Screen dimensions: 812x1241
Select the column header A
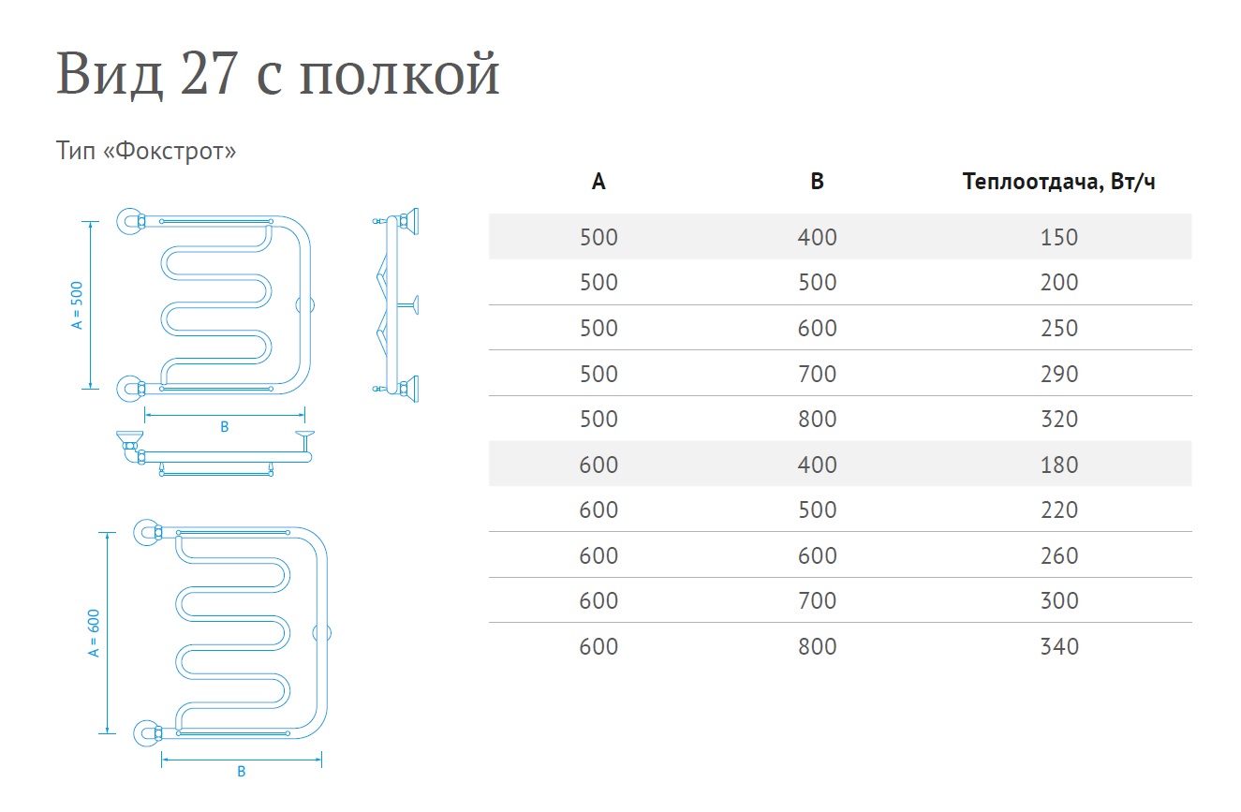point(598,182)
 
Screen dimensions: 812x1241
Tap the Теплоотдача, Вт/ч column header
point(1058,182)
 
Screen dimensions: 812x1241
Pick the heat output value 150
point(1058,237)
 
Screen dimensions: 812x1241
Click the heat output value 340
point(1058,646)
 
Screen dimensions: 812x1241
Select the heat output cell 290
point(1058,374)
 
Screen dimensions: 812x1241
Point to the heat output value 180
point(1058,465)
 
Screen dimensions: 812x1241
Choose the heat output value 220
point(1058,510)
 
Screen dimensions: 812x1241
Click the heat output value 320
point(1058,419)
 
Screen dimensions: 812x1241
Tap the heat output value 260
point(1058,555)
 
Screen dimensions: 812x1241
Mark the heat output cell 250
point(1058,328)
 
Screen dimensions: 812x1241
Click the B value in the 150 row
point(817,237)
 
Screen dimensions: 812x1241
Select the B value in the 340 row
point(817,646)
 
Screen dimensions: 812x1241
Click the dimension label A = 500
point(78,304)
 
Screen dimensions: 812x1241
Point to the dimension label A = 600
point(94,632)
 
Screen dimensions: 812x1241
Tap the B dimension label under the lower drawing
point(241,772)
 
